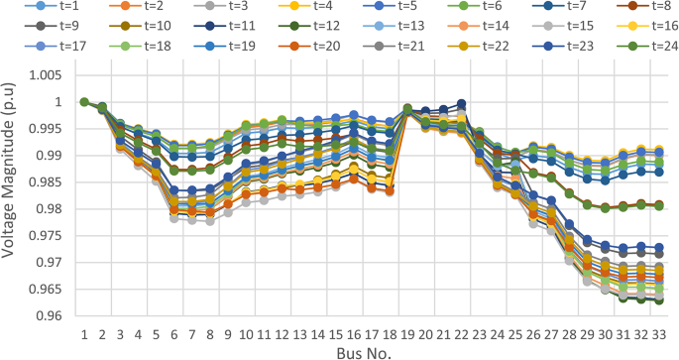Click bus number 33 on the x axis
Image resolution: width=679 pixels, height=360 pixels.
pyautogui.click(x=659, y=335)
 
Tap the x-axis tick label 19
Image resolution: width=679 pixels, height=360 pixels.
pyautogui.click(x=407, y=335)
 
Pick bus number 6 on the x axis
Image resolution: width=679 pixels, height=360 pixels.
pyautogui.click(x=174, y=335)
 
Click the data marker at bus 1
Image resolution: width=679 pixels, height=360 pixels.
pyautogui.click(x=84, y=102)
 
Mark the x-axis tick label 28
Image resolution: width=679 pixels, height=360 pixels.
pyautogui.click(x=569, y=335)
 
